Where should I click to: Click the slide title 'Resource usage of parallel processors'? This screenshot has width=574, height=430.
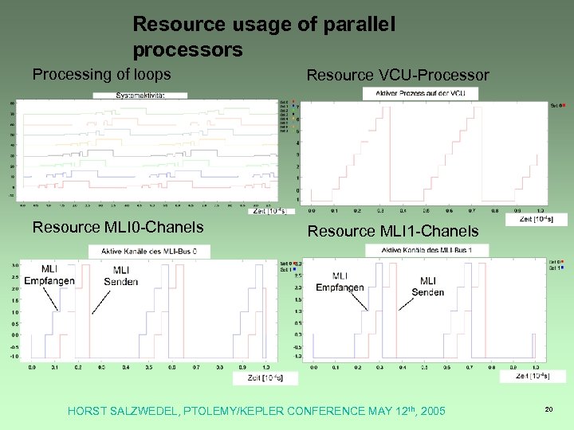(263, 37)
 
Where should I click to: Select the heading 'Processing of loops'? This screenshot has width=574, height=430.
(101, 74)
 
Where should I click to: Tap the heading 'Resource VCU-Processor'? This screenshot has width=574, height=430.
(398, 75)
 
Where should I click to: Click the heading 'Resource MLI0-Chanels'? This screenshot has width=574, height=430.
(117, 227)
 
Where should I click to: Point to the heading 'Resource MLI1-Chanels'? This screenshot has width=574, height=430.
(393, 231)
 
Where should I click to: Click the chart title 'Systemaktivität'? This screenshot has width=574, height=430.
(140, 95)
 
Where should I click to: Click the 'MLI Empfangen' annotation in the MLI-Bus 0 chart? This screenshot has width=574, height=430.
(49, 275)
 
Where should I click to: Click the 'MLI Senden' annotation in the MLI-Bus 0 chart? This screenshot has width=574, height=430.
(121, 276)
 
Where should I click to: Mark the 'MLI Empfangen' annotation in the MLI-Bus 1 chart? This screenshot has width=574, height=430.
(340, 282)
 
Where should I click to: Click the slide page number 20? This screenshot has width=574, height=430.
(548, 408)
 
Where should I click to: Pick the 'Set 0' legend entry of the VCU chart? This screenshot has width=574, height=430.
(556, 104)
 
